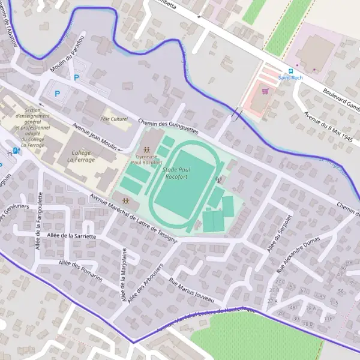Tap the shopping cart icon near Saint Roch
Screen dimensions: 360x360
coord(265,92)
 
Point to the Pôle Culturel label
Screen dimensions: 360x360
coord(115,119)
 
